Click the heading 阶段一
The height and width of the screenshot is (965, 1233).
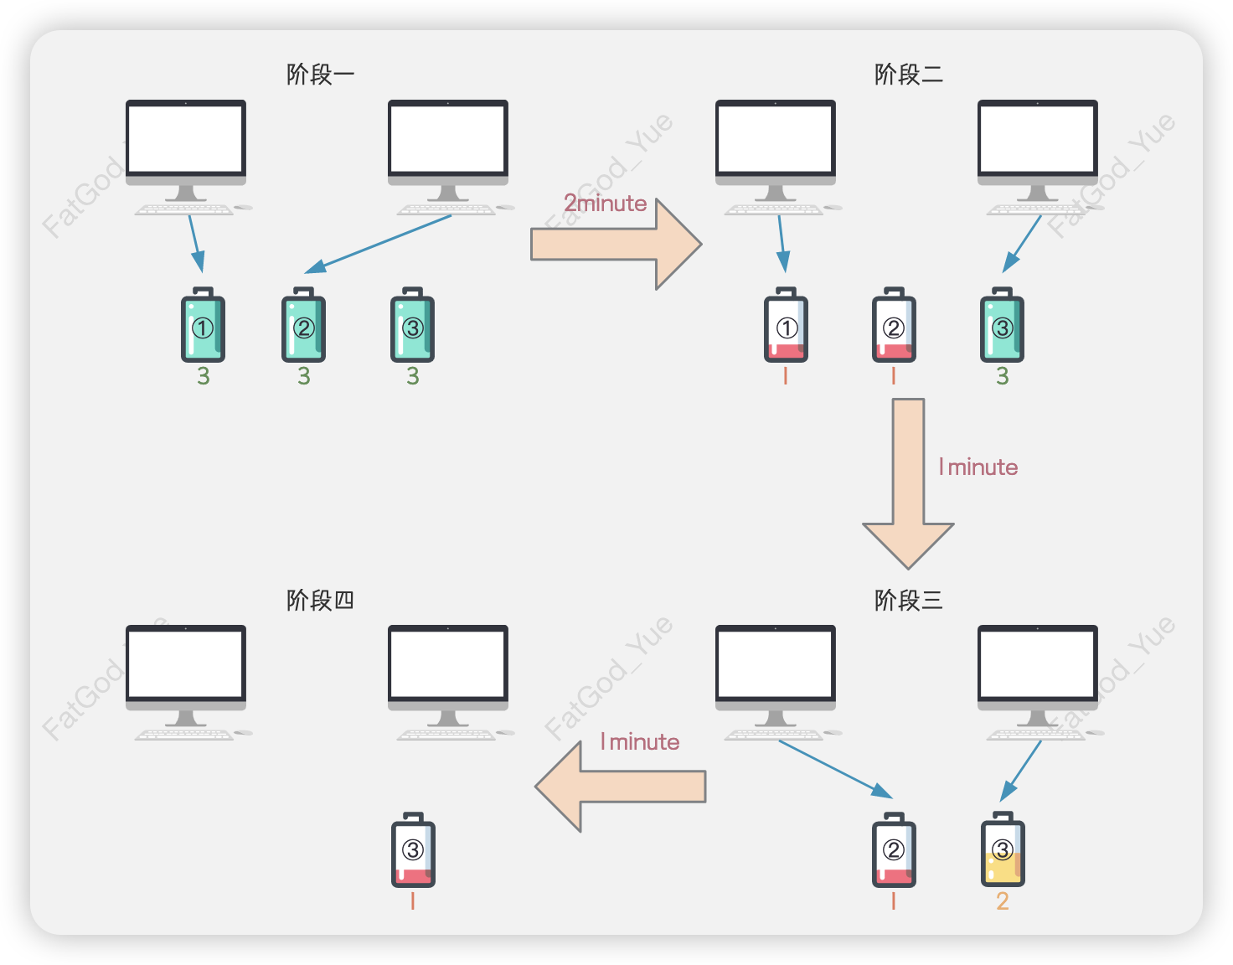320,75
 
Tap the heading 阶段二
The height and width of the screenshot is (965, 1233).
908,75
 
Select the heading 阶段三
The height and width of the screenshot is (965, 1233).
908,600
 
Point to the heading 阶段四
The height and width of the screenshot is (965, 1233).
320,600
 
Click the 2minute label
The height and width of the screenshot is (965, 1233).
605,204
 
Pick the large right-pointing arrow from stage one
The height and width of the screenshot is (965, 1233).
616,244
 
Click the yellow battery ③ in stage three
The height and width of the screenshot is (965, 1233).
1002,849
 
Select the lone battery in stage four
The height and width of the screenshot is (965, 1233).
413,849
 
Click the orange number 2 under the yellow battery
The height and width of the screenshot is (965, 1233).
1002,901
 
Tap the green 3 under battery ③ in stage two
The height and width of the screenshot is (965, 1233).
1002,376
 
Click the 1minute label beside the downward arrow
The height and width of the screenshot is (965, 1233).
978,467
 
